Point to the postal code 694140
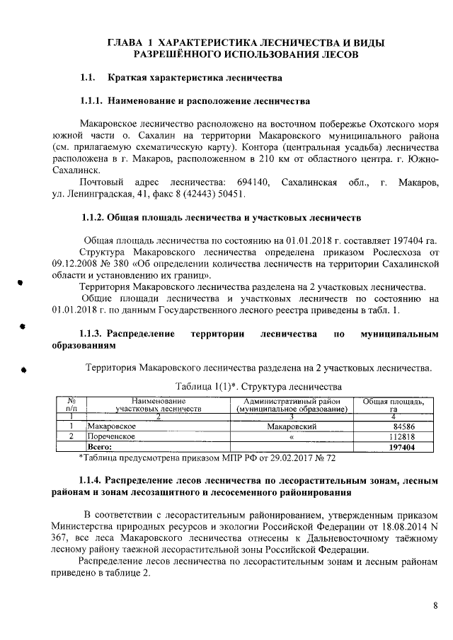253,183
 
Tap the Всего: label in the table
99,447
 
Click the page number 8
435,605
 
